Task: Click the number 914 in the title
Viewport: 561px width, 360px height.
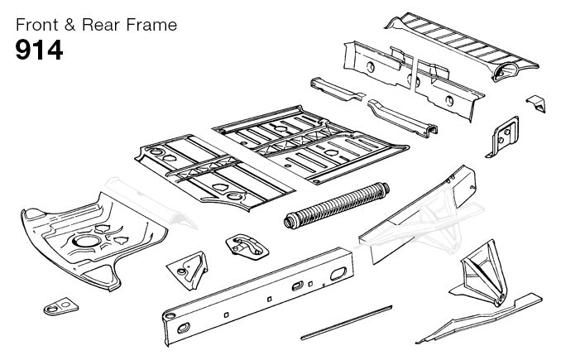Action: (39, 50)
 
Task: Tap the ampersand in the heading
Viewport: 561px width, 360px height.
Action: (70, 25)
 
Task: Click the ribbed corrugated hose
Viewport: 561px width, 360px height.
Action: (336, 205)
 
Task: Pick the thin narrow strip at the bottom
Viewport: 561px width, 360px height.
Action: (347, 322)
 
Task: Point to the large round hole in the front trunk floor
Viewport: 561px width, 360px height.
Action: (85, 241)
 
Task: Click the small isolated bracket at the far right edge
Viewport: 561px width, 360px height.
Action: (536, 103)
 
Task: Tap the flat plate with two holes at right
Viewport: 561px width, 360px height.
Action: (503, 137)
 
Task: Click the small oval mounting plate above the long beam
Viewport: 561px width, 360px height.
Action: (247, 247)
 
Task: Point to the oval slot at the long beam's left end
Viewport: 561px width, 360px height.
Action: (184, 328)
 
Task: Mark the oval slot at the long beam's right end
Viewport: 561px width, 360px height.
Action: (338, 274)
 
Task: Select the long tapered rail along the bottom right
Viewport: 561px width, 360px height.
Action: (479, 319)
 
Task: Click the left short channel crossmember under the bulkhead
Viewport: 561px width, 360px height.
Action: (336, 89)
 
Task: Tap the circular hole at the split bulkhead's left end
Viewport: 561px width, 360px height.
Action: (371, 66)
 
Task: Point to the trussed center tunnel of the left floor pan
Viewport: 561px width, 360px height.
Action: (202, 167)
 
